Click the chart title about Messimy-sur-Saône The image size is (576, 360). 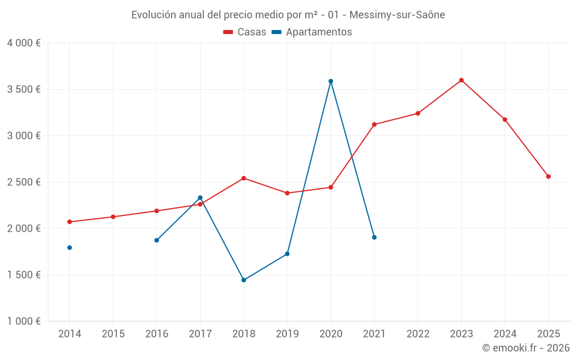point(288,15)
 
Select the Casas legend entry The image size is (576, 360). point(245,32)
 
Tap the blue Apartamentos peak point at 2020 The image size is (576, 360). point(331,81)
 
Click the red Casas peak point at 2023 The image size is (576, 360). point(461,80)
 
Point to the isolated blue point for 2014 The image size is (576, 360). point(70,248)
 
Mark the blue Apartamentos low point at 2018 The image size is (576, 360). point(244,280)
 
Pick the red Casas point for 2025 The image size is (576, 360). point(548,176)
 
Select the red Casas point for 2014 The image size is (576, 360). point(70,222)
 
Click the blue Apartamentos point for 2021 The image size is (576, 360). point(374,237)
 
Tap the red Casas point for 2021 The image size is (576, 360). point(374,124)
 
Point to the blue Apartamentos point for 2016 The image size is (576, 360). point(157,240)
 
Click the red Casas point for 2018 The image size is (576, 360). point(244,178)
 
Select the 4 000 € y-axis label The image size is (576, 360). point(24,43)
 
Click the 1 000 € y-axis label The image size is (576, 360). point(24,321)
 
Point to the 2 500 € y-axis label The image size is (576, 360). point(24,182)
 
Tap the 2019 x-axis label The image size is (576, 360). point(287,334)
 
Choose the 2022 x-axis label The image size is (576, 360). point(418,334)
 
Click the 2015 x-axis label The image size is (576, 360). point(113,334)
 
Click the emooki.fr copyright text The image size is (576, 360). point(525,348)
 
